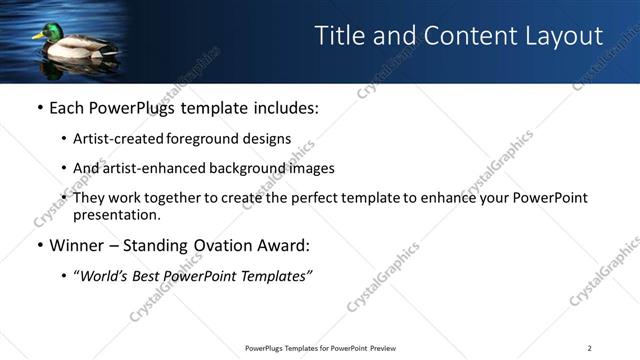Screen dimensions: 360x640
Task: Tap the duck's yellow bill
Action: coord(35,37)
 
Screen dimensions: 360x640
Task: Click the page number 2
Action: coord(589,347)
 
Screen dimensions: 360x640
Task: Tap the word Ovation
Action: coord(215,245)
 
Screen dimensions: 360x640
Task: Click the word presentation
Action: coord(117,214)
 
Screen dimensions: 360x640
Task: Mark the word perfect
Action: coord(305,198)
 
